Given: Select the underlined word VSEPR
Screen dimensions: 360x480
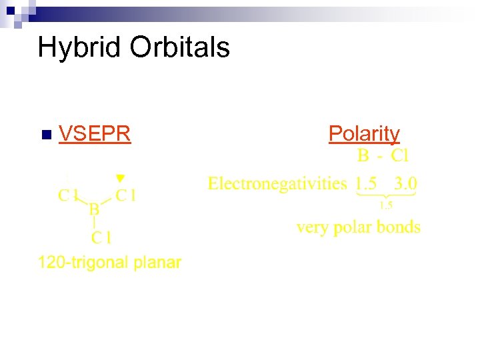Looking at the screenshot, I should (x=94, y=134).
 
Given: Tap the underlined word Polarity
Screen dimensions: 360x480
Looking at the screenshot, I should (x=364, y=134).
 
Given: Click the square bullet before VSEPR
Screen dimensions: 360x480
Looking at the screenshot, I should (x=45, y=135).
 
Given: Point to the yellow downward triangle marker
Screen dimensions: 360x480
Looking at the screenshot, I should (x=119, y=178).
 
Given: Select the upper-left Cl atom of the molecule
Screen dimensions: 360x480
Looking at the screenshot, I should (x=69, y=195).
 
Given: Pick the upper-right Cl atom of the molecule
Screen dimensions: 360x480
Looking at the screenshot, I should (x=126, y=195).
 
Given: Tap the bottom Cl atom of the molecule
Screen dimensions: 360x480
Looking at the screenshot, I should (x=101, y=237).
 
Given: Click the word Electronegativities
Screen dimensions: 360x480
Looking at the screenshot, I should (x=277, y=183).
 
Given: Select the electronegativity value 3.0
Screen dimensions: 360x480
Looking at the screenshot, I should (x=406, y=183).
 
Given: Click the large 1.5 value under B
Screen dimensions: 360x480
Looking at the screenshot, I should (x=365, y=183).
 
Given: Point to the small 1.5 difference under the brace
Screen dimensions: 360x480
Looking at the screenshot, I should (x=386, y=205).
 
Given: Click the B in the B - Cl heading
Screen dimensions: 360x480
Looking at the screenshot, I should (x=363, y=157).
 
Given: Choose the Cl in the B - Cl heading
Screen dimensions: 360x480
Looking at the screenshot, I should (x=399, y=157).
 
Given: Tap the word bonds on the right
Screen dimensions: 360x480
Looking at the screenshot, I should (x=399, y=227).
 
